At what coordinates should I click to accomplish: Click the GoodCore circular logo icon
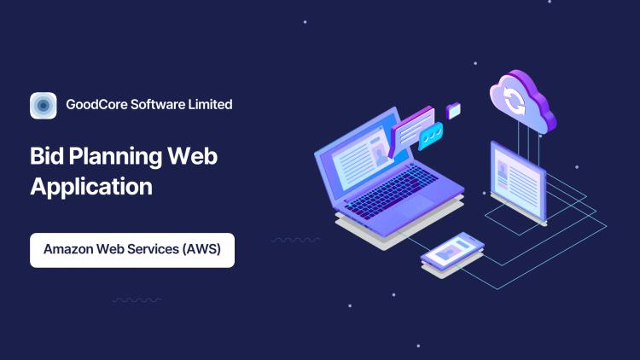tap(44, 105)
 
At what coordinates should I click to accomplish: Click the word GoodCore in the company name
tap(96, 104)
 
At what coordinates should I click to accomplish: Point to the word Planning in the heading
tap(115, 158)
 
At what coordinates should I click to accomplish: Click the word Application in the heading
tap(91, 188)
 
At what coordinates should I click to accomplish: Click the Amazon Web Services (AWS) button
tap(132, 250)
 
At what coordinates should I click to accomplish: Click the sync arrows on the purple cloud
tap(514, 100)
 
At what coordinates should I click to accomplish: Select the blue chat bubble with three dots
tap(431, 135)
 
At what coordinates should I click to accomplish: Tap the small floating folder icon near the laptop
tap(453, 111)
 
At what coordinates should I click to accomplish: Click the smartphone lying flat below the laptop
tap(452, 253)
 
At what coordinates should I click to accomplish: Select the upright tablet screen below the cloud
tap(518, 182)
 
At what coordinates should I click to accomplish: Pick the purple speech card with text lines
tap(411, 130)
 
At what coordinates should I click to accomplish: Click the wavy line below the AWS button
tap(137, 300)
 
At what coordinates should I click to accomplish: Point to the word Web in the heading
tap(192, 156)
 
